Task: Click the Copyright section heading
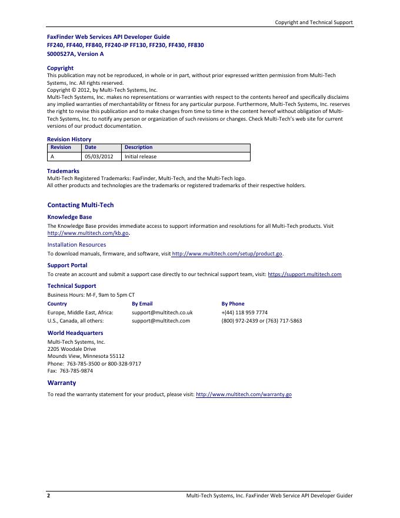coord(60,68)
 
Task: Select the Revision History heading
coord(69,140)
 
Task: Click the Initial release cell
coord(141,157)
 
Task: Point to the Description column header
coord(138,147)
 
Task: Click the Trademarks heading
coord(63,171)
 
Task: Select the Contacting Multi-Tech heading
coord(80,205)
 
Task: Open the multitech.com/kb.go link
coord(88,233)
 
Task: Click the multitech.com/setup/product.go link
coord(227,254)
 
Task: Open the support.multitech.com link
coord(305,274)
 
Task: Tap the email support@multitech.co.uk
coord(162,313)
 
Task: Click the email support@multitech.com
coord(161,321)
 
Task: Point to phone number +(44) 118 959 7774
coord(245,313)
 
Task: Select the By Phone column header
coord(233,304)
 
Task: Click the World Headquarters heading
coord(75,333)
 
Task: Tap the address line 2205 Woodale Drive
coord(71,349)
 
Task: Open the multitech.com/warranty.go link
coord(244,394)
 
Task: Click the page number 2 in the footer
coord(49,496)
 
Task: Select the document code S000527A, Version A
coord(75,54)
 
